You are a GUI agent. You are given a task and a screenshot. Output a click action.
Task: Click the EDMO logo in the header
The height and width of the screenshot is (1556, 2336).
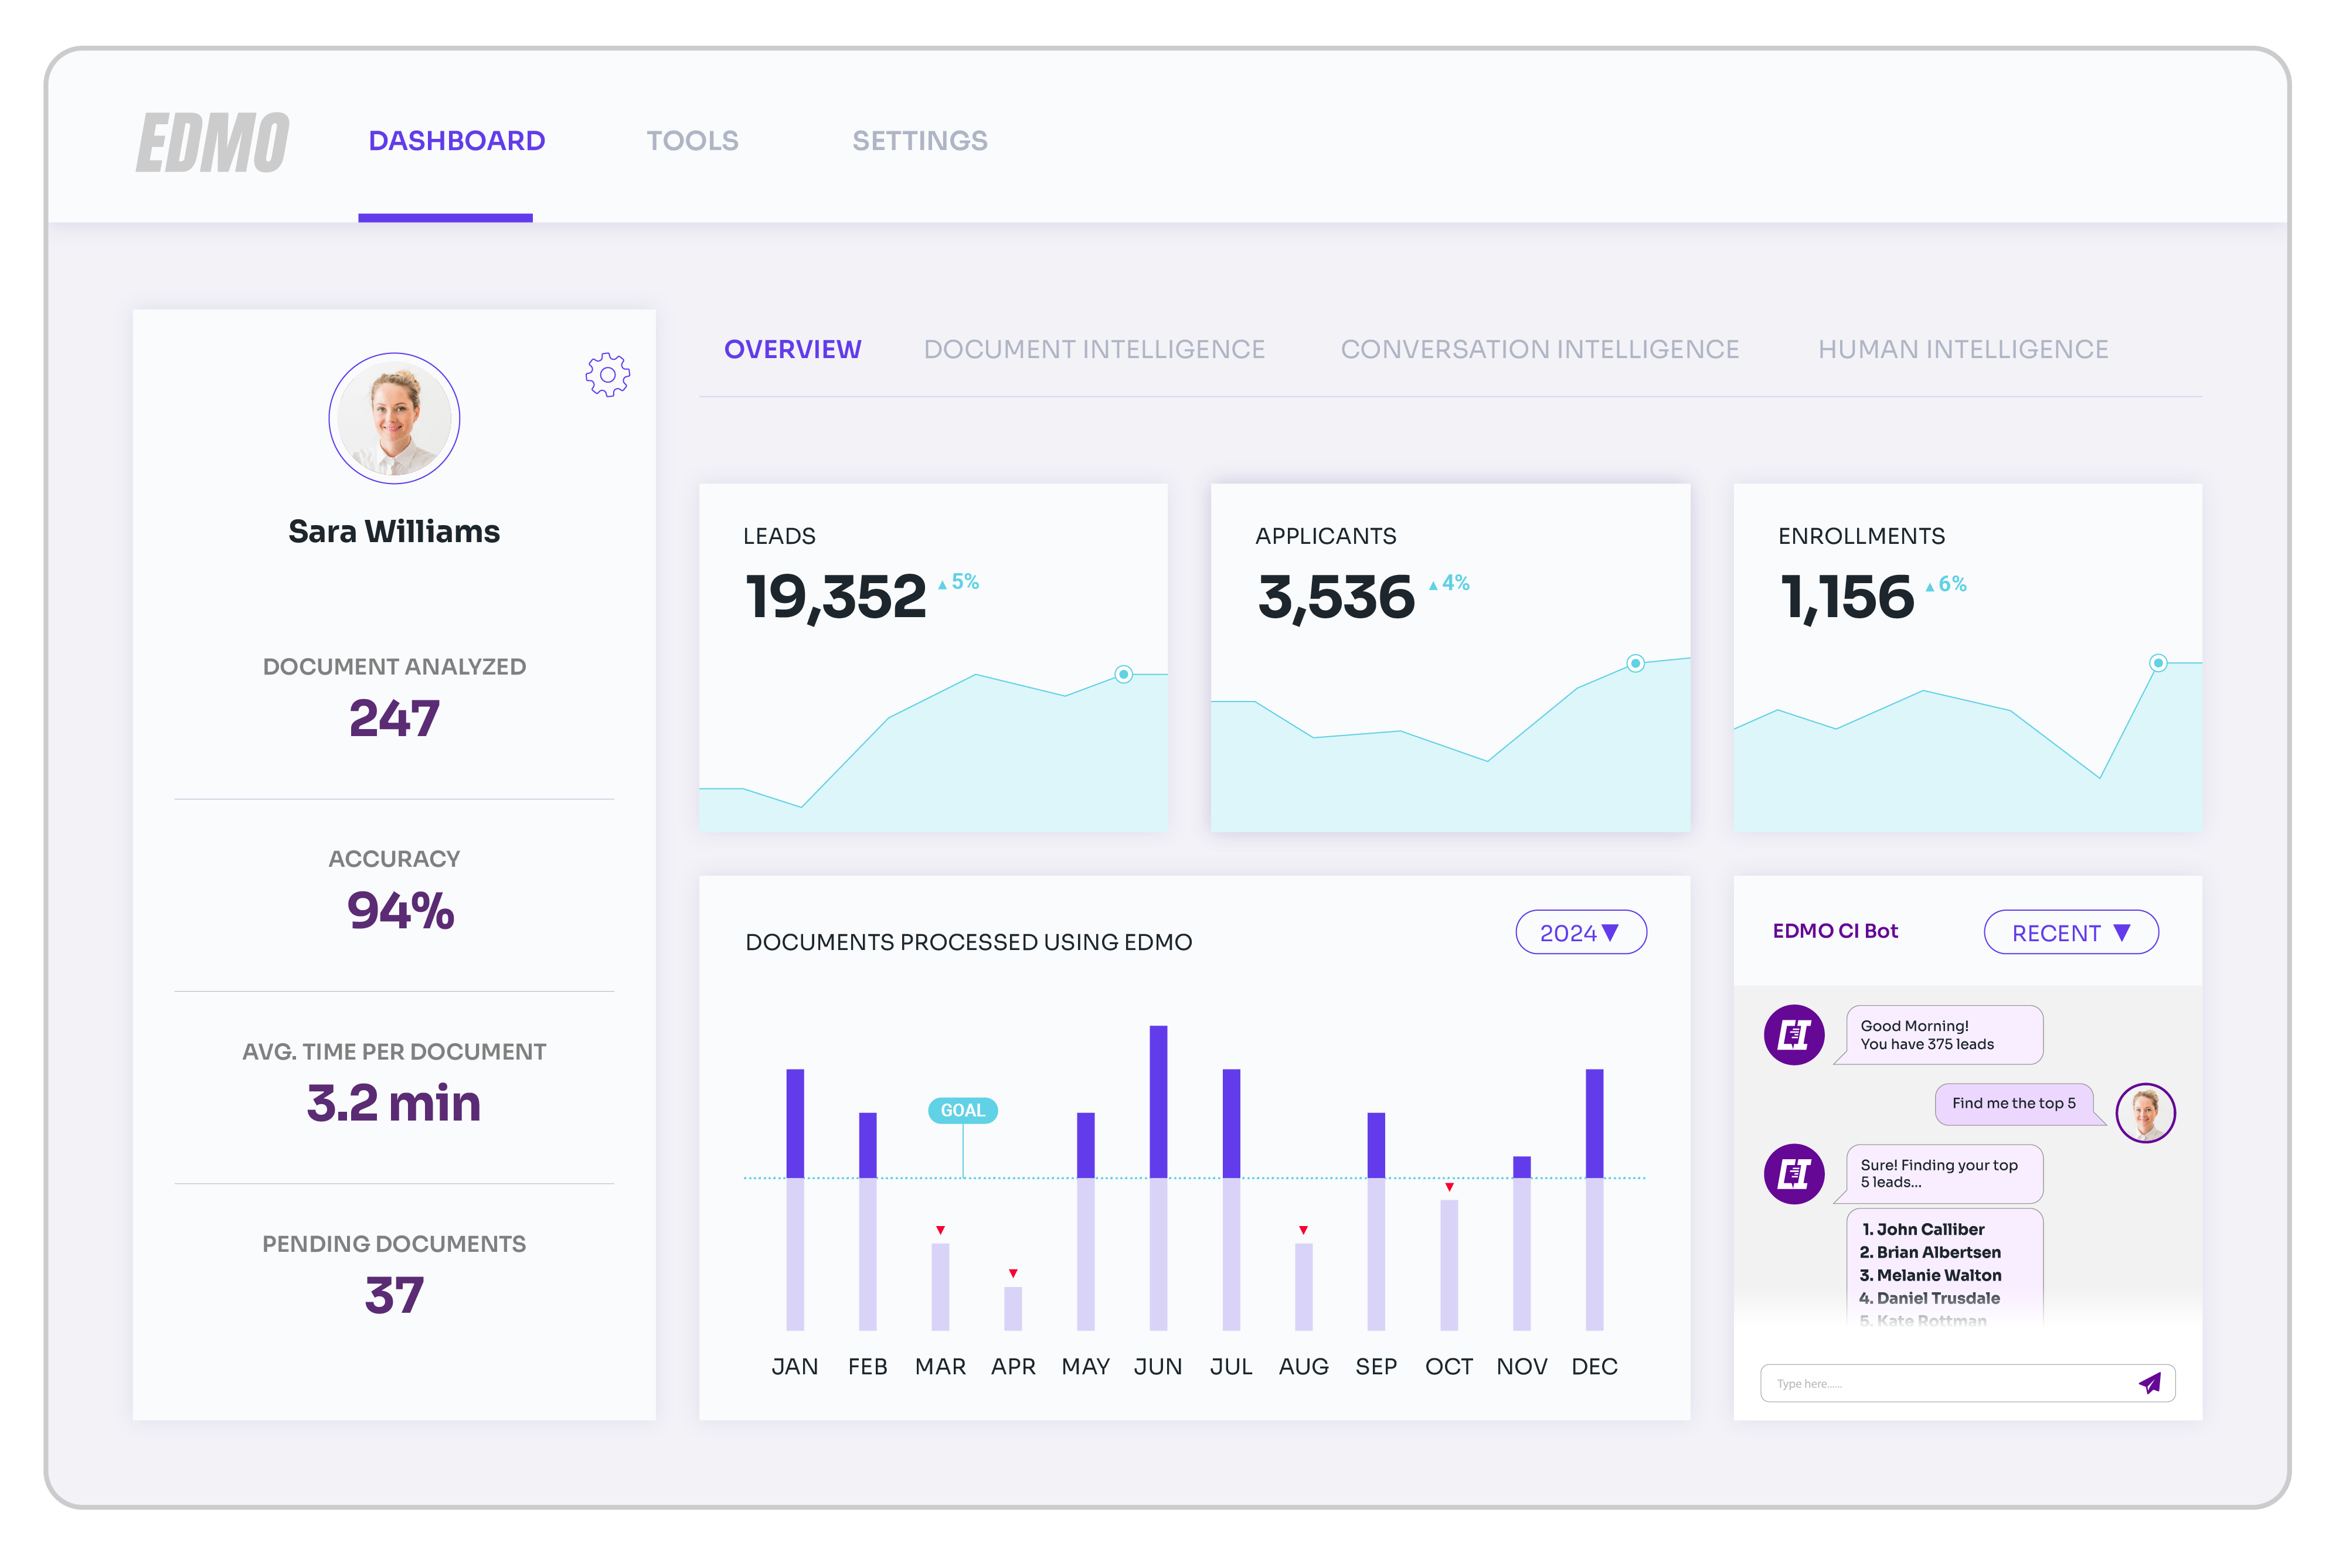(212, 142)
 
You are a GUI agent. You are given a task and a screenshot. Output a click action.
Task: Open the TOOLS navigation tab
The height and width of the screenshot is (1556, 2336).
(693, 141)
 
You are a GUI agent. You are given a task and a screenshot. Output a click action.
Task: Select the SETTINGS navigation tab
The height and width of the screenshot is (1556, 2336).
(920, 141)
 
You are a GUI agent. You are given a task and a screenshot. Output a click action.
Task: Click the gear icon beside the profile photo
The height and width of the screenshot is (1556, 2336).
(607, 375)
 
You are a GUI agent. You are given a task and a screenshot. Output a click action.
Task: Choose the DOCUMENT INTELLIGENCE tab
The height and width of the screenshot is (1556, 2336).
(1094, 349)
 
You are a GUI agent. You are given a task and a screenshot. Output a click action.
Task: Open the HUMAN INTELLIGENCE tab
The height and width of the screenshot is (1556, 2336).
(1963, 349)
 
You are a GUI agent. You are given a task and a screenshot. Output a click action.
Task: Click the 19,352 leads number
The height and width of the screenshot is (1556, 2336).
(835, 597)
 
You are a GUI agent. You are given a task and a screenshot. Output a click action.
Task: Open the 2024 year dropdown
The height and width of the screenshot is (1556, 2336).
(1580, 933)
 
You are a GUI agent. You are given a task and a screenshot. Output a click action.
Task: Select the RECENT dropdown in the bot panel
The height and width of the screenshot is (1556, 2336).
(2070, 933)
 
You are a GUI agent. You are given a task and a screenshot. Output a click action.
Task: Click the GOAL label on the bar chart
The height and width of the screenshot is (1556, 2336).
(963, 1111)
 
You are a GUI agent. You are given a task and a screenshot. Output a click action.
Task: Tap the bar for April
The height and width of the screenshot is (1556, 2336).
(1013, 1308)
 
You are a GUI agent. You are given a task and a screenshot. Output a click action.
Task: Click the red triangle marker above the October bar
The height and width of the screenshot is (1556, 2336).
(1449, 1187)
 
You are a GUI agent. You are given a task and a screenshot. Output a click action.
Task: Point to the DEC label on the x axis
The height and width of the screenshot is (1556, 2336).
(1594, 1367)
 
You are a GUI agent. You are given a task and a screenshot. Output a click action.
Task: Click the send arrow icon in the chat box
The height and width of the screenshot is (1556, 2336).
(2150, 1383)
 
